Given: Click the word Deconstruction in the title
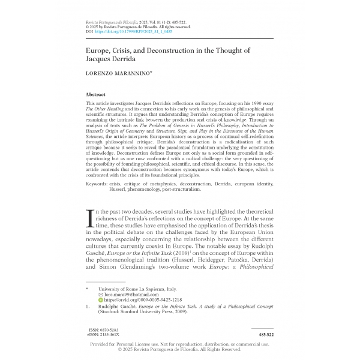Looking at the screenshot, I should coord(179,52).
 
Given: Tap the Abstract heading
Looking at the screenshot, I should coord(97,95).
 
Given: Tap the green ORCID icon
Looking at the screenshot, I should coord(100,301).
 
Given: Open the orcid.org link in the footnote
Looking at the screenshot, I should coord(137,301).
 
